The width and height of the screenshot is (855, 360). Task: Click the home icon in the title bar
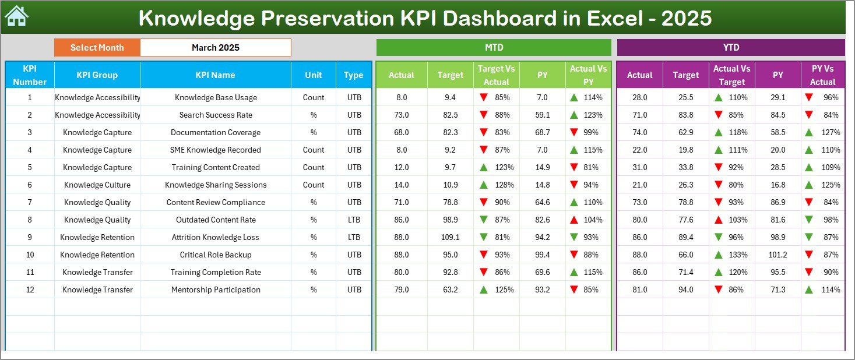[x=16, y=17]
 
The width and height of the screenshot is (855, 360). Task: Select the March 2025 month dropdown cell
[x=216, y=48]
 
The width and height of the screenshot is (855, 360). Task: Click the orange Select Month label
[x=97, y=48]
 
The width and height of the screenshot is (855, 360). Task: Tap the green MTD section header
[x=494, y=48]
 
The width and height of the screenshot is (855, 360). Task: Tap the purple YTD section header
[x=730, y=48]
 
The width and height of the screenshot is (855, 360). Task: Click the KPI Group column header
[x=97, y=75]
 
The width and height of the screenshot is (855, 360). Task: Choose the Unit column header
[x=314, y=75]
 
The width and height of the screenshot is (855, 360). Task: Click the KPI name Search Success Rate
[x=216, y=115]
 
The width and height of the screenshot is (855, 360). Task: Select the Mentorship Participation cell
[x=216, y=290]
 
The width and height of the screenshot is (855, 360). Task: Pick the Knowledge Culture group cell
[x=97, y=185]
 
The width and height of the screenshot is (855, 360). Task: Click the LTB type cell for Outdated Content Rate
[x=354, y=220]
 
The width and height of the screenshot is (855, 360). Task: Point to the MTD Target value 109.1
[x=450, y=237]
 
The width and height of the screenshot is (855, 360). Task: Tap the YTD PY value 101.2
[x=777, y=255]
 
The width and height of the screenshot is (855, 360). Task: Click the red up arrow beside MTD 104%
[x=574, y=220]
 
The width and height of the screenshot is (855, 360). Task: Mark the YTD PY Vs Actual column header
[x=822, y=75]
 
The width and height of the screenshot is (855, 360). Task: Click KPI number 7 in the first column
[x=30, y=202]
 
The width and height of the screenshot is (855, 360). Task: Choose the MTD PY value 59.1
[x=542, y=115]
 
